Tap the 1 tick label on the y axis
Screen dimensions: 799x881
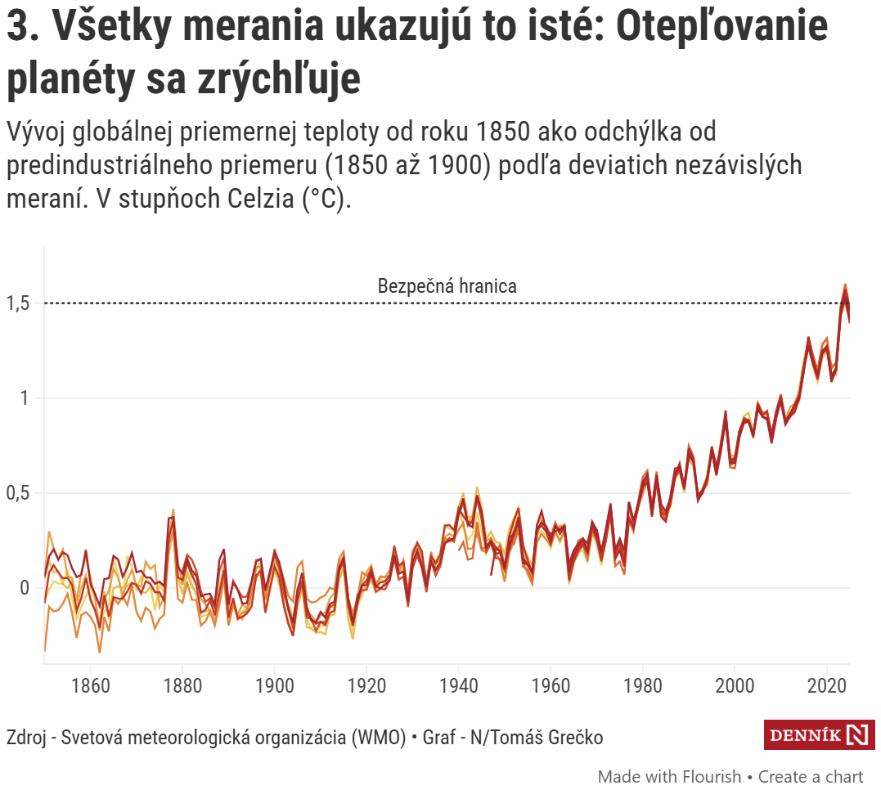tap(25, 398)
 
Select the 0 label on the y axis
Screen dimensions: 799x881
tap(25, 588)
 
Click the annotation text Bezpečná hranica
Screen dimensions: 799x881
tap(447, 286)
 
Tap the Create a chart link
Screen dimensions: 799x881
tap(811, 776)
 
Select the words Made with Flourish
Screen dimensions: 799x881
tap(669, 776)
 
